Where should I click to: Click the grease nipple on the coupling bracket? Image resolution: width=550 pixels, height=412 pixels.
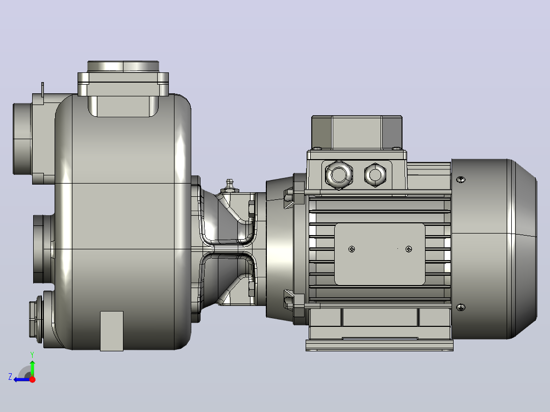(x=230, y=186)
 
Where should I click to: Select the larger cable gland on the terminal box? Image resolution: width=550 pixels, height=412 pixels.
(x=338, y=174)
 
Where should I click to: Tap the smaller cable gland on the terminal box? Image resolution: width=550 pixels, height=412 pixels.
(x=376, y=174)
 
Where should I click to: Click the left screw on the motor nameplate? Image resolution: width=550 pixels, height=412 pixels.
(x=352, y=249)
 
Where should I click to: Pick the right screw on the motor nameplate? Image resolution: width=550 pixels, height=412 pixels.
(x=409, y=249)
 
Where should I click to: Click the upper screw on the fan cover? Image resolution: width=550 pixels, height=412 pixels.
(x=461, y=179)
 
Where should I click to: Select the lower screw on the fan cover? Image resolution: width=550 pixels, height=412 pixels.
(x=461, y=307)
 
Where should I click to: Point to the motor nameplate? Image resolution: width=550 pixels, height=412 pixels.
(x=380, y=254)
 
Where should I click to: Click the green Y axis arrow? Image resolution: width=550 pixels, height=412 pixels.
(x=32, y=366)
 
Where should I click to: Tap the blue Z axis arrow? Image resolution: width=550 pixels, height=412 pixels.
(x=22, y=379)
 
